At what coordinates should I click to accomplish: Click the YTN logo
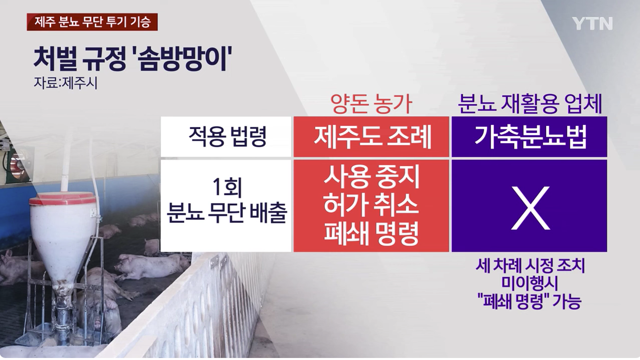[592, 24]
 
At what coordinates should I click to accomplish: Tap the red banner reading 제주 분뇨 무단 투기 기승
[92, 22]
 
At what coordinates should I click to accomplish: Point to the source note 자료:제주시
[66, 83]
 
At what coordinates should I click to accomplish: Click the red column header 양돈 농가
[371, 104]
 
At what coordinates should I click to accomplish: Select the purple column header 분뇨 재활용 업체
[530, 104]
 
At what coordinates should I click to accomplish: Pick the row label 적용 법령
[227, 137]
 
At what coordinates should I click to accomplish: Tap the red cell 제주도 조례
[371, 137]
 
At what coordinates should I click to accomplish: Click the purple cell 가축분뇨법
[530, 137]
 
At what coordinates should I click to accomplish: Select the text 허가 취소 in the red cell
[371, 205]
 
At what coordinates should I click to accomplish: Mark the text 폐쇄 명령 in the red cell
[371, 233]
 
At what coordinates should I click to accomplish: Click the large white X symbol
[530, 206]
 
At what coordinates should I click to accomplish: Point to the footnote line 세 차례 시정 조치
[530, 266]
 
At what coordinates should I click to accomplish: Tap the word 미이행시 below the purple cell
[530, 284]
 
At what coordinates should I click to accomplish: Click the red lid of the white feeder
[62, 200]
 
